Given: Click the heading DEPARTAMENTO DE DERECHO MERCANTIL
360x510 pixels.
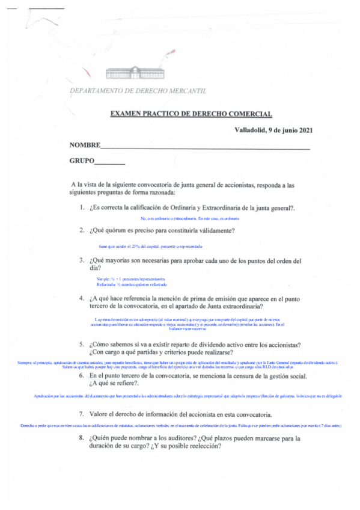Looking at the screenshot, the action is pos(138,91).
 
